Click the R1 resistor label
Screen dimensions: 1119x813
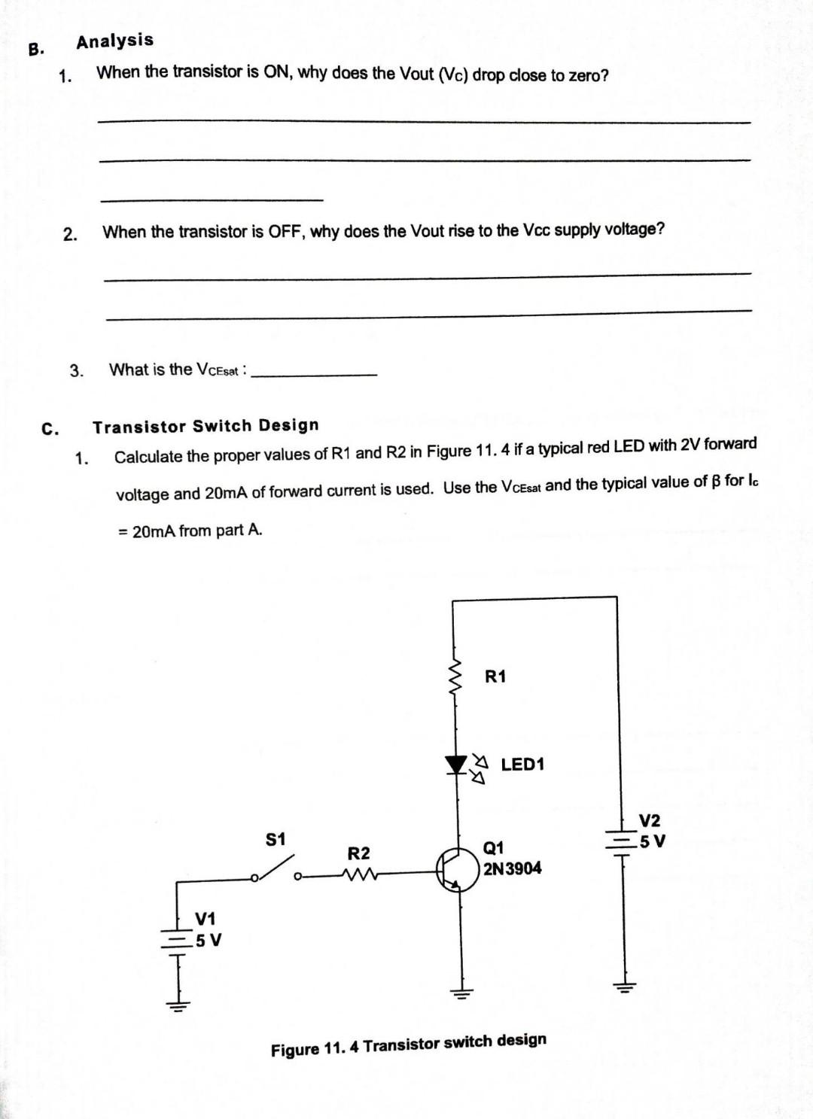coord(495,677)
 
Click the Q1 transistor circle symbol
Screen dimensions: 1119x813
coord(458,871)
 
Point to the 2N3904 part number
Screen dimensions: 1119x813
coord(512,868)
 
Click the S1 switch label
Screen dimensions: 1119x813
coord(276,838)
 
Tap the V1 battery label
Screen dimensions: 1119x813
coord(205,919)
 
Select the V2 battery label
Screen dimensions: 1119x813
coord(649,820)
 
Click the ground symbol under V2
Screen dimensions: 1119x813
coord(624,987)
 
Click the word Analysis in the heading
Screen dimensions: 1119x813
coord(114,41)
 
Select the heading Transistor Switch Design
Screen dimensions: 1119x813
coord(206,426)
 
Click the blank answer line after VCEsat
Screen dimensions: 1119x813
coord(313,373)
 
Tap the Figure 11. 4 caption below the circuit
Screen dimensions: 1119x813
coord(409,1045)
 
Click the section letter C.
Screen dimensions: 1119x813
coord(49,429)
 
